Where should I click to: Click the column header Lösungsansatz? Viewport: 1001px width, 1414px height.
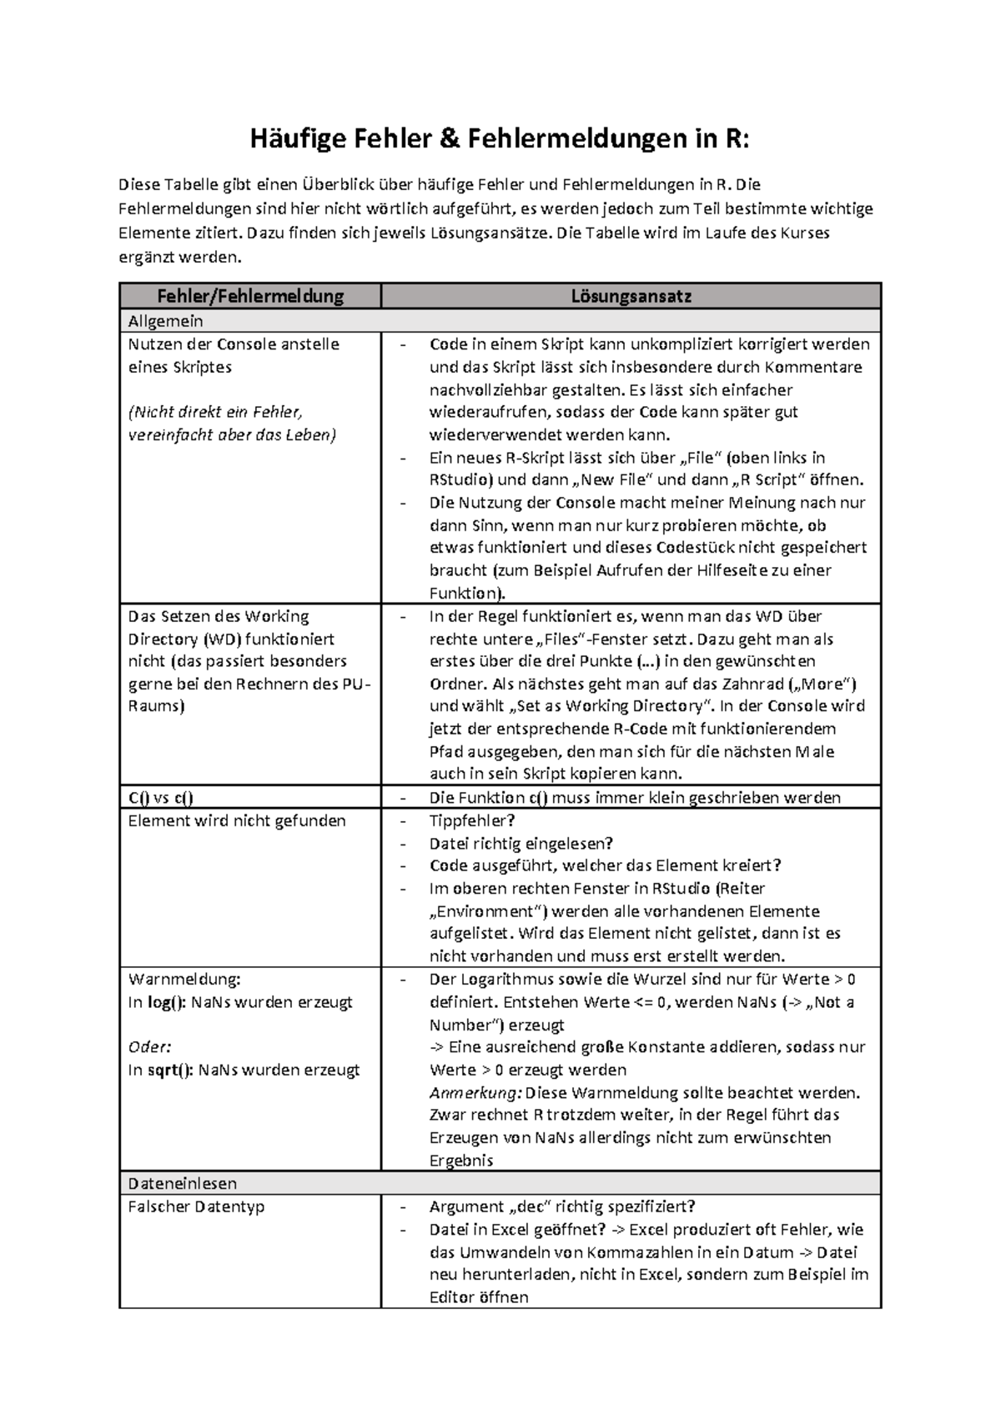(x=631, y=296)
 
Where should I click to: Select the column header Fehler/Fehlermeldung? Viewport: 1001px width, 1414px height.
(x=250, y=296)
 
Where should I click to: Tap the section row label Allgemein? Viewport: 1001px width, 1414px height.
(x=165, y=321)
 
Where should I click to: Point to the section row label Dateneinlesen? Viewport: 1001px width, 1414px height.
(x=182, y=1183)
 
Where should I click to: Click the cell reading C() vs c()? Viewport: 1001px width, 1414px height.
(x=160, y=798)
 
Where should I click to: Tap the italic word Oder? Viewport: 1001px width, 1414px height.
(x=148, y=1047)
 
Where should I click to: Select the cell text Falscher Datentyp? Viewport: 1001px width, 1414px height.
(x=196, y=1206)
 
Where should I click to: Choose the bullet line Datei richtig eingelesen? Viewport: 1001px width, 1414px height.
(x=521, y=843)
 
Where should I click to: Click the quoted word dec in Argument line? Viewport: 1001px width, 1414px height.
(x=521, y=1206)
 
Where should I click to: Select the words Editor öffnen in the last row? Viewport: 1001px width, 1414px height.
(x=479, y=1297)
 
